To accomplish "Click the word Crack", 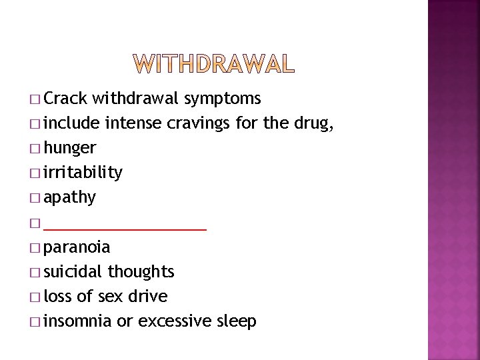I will (66, 99).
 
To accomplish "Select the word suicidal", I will (73, 272).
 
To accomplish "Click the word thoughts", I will (141, 272).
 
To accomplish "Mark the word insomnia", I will (77, 321).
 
